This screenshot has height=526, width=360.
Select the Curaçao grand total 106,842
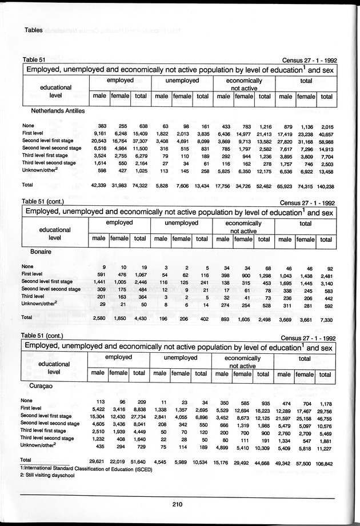(x=323, y=460)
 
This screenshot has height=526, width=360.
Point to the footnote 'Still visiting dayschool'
(x=47, y=475)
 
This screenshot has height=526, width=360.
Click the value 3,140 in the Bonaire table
(x=327, y=283)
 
